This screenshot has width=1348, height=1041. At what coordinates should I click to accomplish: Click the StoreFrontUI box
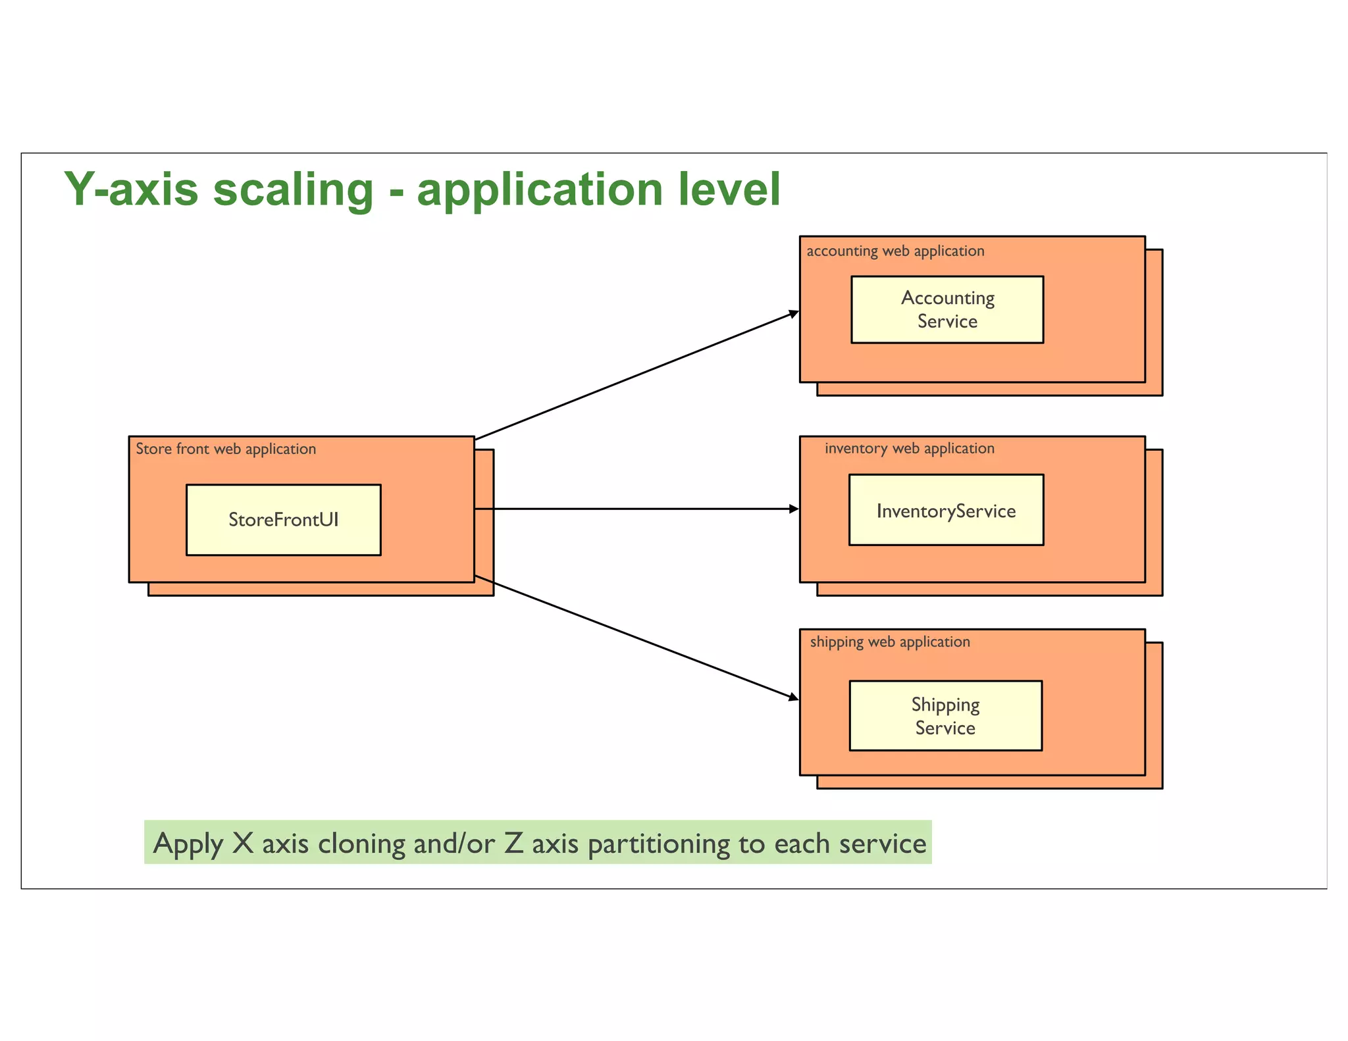tap(283, 520)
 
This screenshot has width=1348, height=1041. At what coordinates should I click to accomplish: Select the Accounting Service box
tap(946, 309)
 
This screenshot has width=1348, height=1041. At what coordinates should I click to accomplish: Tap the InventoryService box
tap(946, 510)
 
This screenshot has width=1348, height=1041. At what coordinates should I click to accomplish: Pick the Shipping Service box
tap(945, 715)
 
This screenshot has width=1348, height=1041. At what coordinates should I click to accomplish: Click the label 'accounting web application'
tap(895, 251)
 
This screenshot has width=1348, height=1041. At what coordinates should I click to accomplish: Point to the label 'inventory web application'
tap(909, 448)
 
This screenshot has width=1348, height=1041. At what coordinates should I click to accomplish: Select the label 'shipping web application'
tap(889, 642)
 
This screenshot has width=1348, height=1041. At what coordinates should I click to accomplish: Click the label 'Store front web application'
tap(226, 449)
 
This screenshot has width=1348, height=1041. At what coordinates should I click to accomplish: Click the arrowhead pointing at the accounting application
tap(793, 315)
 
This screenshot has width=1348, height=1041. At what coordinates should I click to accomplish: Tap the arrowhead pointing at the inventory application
tap(793, 509)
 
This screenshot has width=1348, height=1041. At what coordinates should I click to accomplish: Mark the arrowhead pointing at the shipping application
tap(793, 697)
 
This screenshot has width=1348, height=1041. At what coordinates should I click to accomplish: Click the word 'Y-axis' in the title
tap(130, 190)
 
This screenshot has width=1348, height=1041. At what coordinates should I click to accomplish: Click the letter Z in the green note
tap(513, 843)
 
